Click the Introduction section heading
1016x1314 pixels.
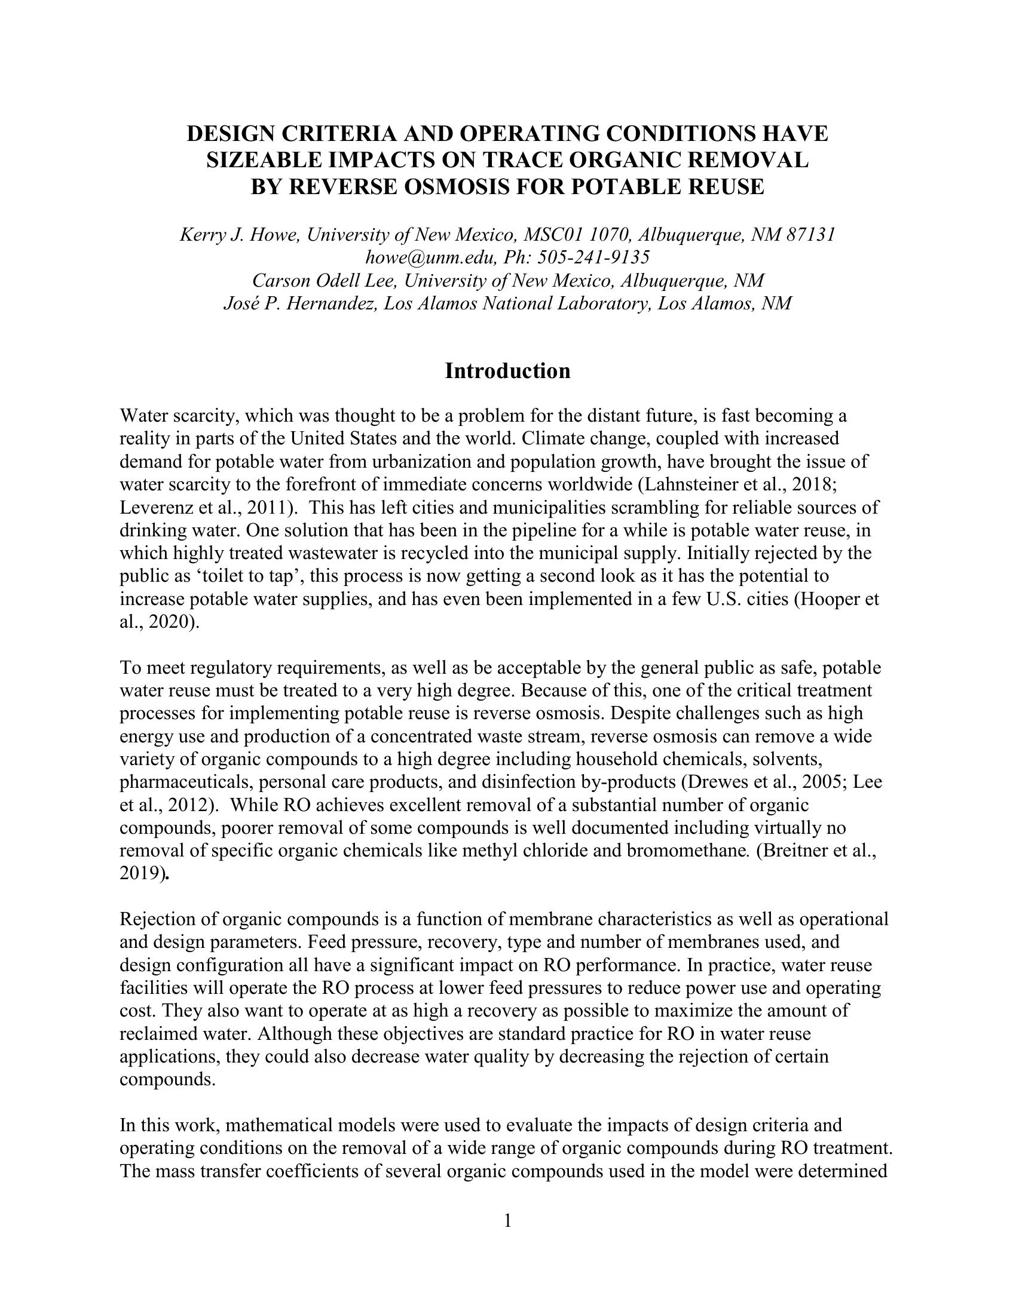507,372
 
